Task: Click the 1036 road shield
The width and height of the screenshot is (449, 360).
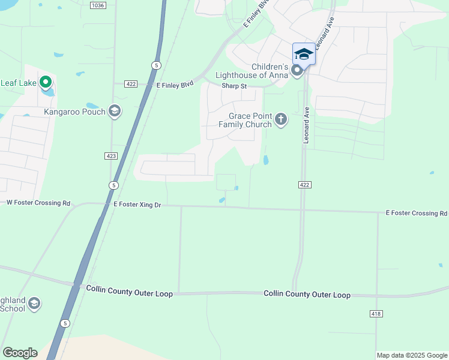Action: (x=97, y=5)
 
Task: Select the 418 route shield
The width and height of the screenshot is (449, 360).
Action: (x=376, y=314)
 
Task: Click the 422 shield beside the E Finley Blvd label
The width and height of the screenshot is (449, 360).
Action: (x=131, y=84)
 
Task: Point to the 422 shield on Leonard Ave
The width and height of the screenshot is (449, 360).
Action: (x=304, y=185)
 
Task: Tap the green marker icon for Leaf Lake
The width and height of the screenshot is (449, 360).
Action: (x=46, y=83)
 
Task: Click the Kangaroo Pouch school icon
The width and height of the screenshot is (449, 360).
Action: (x=115, y=111)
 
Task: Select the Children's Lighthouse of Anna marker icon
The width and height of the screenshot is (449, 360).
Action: (x=297, y=71)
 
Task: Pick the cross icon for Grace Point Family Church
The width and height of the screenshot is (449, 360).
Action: (x=280, y=120)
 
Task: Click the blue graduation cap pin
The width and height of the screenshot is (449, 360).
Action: (x=304, y=54)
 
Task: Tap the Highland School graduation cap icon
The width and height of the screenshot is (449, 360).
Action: (x=34, y=304)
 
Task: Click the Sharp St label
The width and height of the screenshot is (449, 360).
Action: (x=234, y=86)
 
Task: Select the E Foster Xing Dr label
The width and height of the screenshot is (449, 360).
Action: (x=137, y=205)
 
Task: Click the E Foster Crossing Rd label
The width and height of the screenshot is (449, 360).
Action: (x=416, y=213)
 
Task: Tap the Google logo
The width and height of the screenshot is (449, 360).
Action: (x=20, y=352)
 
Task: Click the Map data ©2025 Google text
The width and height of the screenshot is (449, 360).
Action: (x=412, y=355)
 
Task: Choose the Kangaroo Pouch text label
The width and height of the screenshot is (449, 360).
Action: (x=74, y=112)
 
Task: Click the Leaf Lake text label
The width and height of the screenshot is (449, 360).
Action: (x=18, y=83)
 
